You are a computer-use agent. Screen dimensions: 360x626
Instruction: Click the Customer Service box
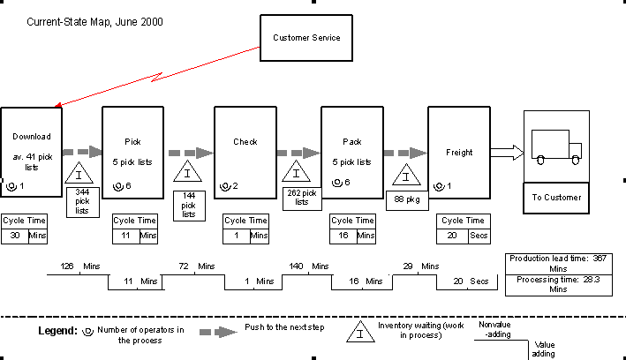[305, 38]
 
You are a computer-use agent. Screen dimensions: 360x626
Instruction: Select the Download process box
[32, 151]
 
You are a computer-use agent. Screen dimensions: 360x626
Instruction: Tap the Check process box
[245, 151]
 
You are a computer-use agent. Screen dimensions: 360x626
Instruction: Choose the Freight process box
[459, 151]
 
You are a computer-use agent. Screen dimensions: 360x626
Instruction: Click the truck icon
[556, 146]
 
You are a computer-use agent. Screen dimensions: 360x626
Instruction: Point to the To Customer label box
[556, 197]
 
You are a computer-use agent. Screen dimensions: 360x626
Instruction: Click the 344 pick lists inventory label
[83, 201]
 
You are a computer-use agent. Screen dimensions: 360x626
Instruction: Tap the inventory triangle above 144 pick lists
[188, 174]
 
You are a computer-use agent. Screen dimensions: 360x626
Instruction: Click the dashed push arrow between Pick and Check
[190, 153]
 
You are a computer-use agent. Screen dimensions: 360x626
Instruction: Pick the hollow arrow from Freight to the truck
[507, 153]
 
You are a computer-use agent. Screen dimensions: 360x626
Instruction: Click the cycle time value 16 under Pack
[343, 236]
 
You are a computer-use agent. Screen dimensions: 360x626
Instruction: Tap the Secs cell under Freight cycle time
[479, 236]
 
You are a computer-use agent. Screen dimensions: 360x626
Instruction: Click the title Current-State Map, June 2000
[87, 20]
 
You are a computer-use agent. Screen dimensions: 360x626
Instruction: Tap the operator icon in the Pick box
[117, 186]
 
